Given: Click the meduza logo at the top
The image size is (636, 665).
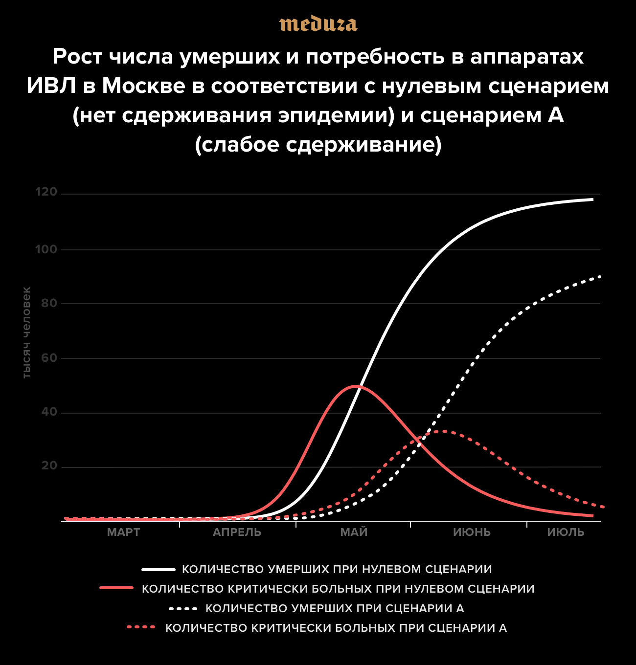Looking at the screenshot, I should tap(318, 24).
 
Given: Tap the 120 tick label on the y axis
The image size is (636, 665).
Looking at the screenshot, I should tap(46, 192).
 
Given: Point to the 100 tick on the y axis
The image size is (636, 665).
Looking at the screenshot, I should tap(46, 249).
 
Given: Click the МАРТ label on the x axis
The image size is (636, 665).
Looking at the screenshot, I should tap(123, 532).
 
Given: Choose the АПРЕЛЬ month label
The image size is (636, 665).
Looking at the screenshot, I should tap(237, 532).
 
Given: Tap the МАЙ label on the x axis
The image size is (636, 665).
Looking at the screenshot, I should tap(354, 532).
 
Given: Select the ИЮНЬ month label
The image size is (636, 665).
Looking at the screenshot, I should tap(472, 532).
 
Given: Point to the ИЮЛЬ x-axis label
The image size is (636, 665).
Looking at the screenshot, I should tap(566, 532).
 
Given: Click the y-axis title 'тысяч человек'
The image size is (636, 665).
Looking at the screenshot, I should tap(27, 332).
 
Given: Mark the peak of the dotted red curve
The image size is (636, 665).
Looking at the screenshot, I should tap(443, 431).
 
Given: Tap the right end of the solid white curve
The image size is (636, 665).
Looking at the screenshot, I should tap(592, 199).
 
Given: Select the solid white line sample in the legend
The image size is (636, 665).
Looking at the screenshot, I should tap(158, 570).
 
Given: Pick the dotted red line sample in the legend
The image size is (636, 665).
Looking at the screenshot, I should tap(141, 627).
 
